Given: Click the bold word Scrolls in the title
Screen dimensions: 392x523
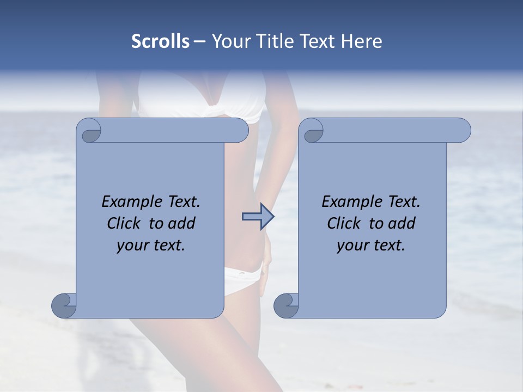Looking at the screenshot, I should coord(160,41).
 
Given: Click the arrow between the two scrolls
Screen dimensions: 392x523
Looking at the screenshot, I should coord(258,217).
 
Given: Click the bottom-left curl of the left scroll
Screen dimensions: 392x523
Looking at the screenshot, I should coord(64,305).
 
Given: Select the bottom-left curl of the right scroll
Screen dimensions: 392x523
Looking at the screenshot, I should coord(287,305).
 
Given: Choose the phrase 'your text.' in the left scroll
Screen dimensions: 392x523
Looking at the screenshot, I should coord(151,246).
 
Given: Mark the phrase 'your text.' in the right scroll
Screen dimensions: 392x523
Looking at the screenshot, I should coord(371,246).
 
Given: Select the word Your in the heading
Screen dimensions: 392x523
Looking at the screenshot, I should coord(229,41).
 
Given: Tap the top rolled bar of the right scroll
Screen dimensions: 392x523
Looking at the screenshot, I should coord(392,130).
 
